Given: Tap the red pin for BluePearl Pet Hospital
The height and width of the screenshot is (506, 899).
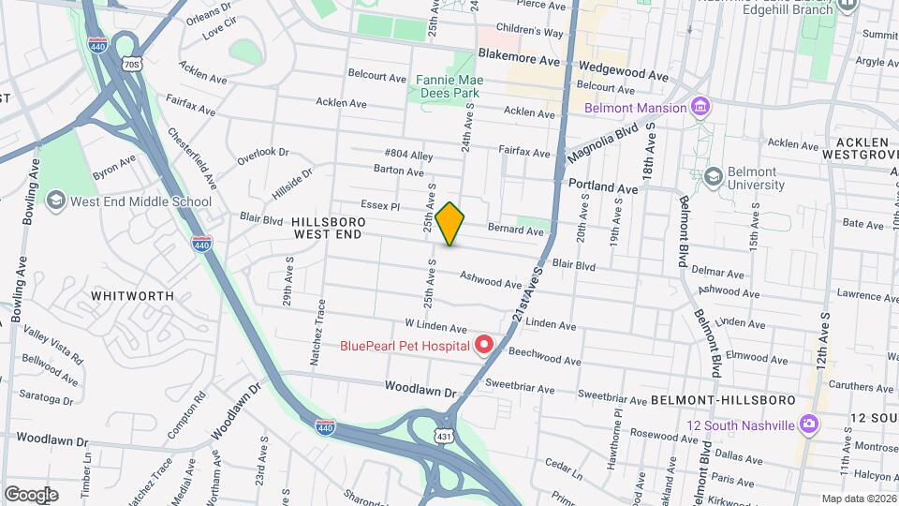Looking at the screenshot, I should click(484, 346).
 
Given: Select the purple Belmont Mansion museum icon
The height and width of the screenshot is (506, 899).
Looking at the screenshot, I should click(700, 108).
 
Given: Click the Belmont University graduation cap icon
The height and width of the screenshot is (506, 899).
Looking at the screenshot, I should click(713, 177).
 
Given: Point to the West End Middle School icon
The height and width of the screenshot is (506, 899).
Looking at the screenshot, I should click(55, 201).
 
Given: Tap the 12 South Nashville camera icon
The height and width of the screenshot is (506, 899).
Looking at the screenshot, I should click(808, 424).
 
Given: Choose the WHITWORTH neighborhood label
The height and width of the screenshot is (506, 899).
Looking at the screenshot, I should click(132, 295).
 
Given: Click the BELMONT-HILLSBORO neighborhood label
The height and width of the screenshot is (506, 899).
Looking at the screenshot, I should click(736, 400).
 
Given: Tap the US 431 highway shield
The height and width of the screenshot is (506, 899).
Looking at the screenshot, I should click(443, 437).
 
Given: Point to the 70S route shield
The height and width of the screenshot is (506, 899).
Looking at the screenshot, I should click(131, 64).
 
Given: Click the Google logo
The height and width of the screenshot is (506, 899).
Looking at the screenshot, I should click(31, 495).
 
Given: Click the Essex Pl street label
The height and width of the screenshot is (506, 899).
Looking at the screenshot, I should click(380, 204).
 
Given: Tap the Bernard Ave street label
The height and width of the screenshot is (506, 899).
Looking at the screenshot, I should click(515, 231).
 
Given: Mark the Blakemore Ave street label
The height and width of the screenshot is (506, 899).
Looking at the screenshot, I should click(518, 58).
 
